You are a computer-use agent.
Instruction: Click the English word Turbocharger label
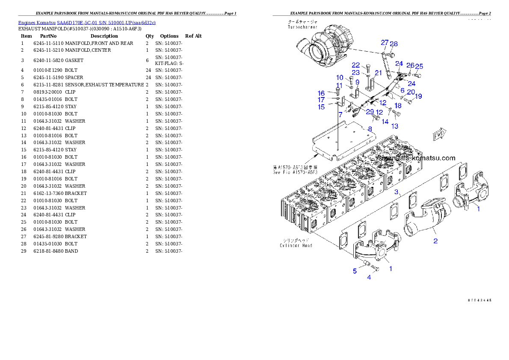[302, 27]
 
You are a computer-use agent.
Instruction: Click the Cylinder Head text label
[296, 245]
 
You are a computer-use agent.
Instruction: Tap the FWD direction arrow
[440, 135]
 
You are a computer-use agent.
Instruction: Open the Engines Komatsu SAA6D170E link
[87, 22]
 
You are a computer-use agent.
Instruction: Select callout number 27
[385, 43]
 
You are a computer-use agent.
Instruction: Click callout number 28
[394, 44]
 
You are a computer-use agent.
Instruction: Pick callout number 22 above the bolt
[356, 65]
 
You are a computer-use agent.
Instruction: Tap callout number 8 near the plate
[370, 129]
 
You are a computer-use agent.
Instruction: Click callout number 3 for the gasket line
[397, 192]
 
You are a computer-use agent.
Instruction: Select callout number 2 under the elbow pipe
[435, 241]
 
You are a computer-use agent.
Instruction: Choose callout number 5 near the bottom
[355, 271]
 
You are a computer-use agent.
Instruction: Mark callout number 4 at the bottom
[369, 277]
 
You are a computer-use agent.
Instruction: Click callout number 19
[418, 97]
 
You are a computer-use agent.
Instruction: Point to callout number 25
[419, 66]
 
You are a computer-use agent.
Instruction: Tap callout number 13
[395, 126]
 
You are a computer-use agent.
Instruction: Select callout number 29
[370, 112]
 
